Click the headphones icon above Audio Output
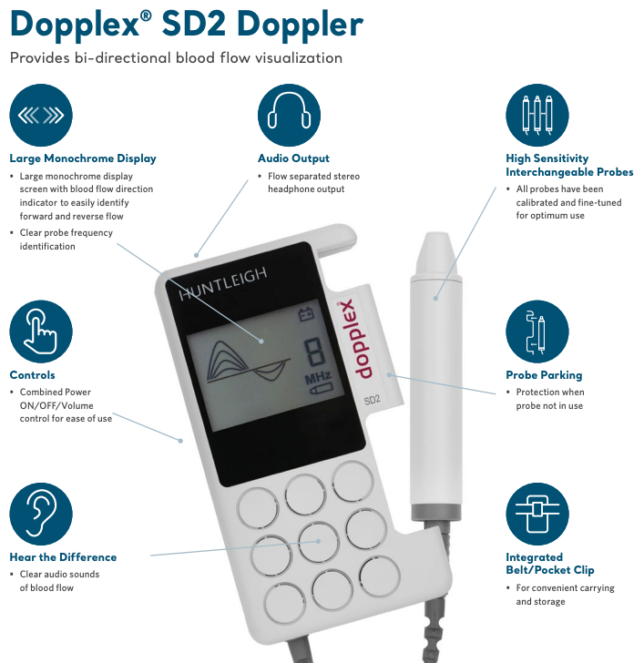tap(289, 115)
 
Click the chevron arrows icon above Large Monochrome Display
tap(40, 115)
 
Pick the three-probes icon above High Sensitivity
tap(537, 115)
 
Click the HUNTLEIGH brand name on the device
tap(223, 290)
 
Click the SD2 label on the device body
tap(372, 399)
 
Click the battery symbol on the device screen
tap(306, 316)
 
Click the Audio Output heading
tap(293, 158)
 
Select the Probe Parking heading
tap(544, 375)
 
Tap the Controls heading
tap(32, 375)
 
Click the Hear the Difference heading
tap(63, 557)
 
